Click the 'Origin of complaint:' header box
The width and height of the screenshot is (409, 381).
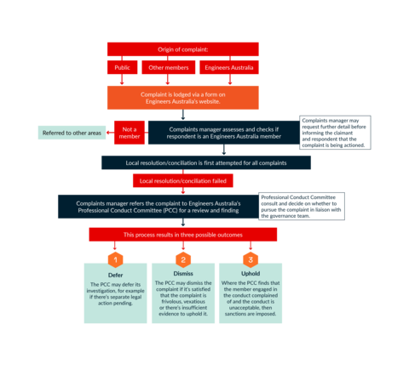[182, 49]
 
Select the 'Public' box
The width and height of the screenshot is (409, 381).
[121, 67]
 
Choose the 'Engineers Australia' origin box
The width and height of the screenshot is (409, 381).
[228, 67]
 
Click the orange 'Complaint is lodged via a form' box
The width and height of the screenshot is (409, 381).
[182, 97]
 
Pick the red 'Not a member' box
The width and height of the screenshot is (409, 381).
[130, 133]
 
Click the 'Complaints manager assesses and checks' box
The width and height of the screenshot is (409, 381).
[223, 133]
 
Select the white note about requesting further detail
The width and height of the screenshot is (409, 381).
[336, 133]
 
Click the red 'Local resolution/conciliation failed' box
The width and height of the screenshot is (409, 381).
[182, 180]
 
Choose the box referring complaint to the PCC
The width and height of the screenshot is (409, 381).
[158, 206]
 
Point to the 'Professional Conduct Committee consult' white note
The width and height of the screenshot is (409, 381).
[301, 206]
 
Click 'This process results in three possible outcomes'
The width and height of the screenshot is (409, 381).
[182, 234]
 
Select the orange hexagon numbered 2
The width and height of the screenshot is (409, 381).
[182, 259]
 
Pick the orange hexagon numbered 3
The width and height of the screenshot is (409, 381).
[249, 259]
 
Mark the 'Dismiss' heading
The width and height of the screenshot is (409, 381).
[182, 274]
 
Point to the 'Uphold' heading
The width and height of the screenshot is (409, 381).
[249, 274]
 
